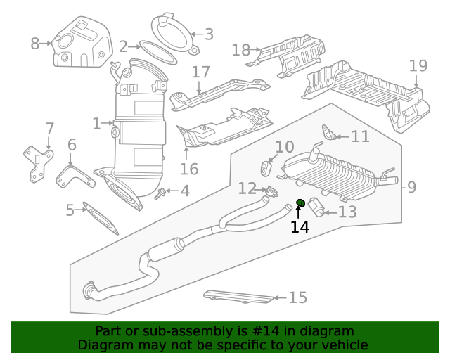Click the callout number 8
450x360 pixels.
coord(35,44)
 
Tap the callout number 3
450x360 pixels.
coord(209,34)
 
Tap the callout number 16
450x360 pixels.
coord(189,169)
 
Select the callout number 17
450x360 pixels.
coord(201,72)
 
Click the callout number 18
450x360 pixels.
coord(241,50)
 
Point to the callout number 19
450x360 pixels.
coord(418,66)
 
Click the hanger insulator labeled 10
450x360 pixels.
coord(266,169)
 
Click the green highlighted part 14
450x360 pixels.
coord(300,204)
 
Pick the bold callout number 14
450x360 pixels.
coord(300,227)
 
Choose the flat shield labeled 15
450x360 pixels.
coord(238,297)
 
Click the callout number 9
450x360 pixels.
coord(412,188)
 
